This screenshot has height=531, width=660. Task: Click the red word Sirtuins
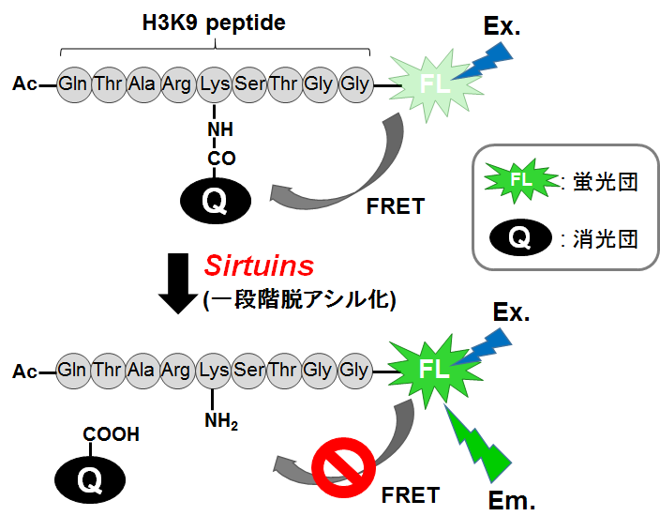point(258,265)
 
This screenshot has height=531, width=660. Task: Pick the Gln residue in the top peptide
point(73,84)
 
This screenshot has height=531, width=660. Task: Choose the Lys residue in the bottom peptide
point(215,370)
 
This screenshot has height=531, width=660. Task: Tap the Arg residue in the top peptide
point(179,84)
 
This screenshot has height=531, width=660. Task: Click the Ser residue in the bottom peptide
point(249,370)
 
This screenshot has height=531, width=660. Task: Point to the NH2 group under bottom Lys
point(221,421)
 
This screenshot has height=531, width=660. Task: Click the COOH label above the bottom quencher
point(111,434)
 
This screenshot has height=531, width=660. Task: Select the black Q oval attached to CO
point(214,202)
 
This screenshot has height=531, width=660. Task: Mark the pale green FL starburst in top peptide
point(434,84)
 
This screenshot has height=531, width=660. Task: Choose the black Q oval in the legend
point(518,239)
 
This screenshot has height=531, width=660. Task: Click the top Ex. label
point(502,26)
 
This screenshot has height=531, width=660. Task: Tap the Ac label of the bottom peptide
point(25,372)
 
